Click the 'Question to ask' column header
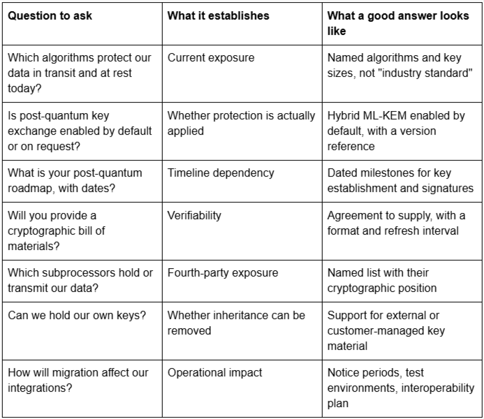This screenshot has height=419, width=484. [50, 16]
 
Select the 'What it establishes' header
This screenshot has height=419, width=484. [218, 16]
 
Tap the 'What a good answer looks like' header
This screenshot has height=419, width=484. [398, 23]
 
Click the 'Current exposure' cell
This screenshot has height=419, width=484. [211, 58]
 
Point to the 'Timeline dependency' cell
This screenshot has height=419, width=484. [221, 172]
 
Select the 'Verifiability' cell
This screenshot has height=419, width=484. [194, 215]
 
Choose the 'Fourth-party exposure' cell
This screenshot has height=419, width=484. [223, 273]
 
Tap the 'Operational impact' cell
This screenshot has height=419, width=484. [214, 373]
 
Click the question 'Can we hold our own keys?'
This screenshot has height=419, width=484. [77, 316]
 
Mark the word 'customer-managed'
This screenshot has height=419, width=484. [376, 331]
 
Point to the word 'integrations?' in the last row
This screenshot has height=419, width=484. [40, 388]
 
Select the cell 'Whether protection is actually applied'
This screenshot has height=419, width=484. [242, 123]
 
